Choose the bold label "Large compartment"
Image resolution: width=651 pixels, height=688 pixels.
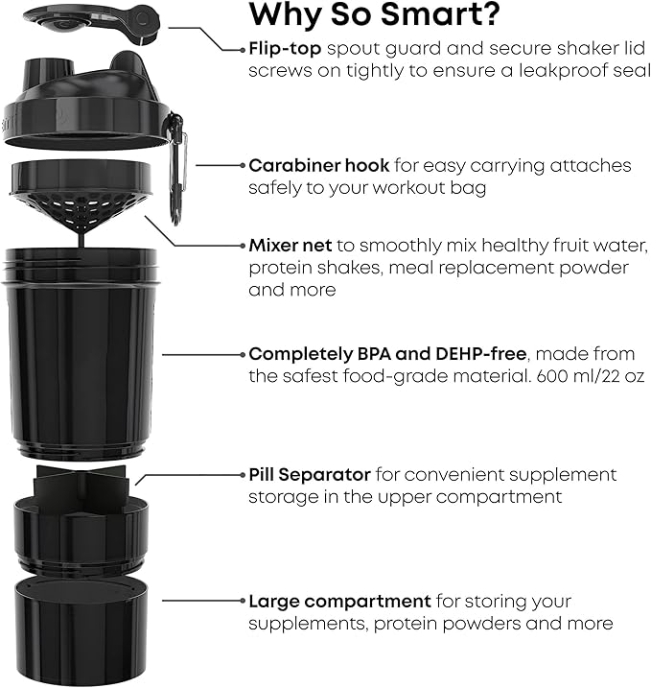(339, 602)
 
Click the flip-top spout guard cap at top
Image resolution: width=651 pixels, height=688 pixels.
(91, 18)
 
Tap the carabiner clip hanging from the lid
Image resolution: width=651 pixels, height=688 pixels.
(176, 163)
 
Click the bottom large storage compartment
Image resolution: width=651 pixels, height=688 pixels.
(81, 624)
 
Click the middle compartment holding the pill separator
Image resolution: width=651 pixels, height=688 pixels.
(81, 533)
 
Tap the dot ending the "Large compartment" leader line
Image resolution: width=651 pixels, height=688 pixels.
(242, 602)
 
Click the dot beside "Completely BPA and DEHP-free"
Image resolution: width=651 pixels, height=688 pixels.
(242, 353)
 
